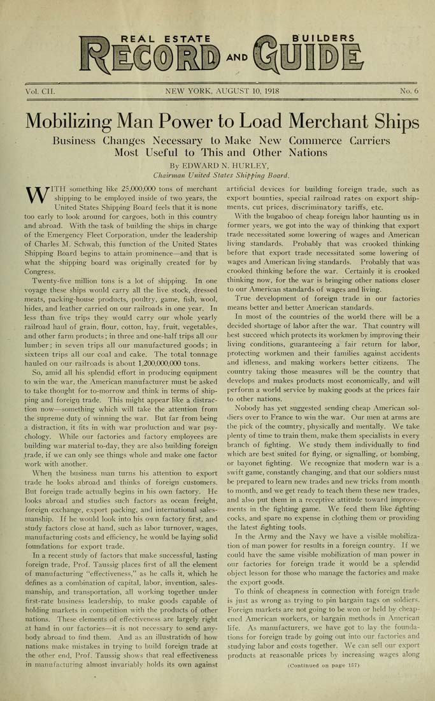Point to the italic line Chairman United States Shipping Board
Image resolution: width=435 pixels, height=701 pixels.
[x=217, y=174]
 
